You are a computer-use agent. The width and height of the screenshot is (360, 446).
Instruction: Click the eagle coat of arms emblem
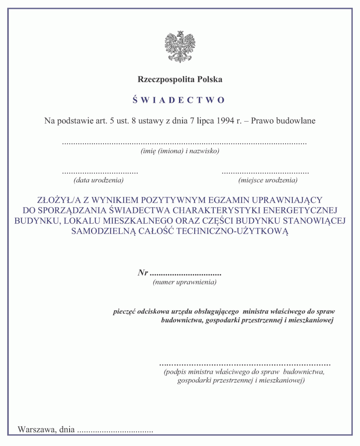(180, 46)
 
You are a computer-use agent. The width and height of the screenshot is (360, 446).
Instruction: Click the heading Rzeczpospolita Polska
(180, 79)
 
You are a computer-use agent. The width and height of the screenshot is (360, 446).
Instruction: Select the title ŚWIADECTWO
(179, 100)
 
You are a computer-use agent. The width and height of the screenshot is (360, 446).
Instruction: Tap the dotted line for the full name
(184, 143)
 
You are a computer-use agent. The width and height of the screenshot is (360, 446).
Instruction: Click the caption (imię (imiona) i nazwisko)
(180, 151)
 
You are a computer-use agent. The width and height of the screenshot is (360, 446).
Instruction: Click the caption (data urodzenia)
(99, 180)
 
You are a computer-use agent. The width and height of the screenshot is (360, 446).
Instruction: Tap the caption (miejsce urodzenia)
(268, 180)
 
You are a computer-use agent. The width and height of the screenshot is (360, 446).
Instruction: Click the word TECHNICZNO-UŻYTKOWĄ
(232, 231)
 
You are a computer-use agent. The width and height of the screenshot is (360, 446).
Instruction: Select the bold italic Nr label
(143, 273)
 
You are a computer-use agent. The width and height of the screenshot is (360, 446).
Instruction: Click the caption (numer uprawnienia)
(184, 282)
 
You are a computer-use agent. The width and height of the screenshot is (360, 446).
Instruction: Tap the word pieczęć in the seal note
(124, 311)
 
